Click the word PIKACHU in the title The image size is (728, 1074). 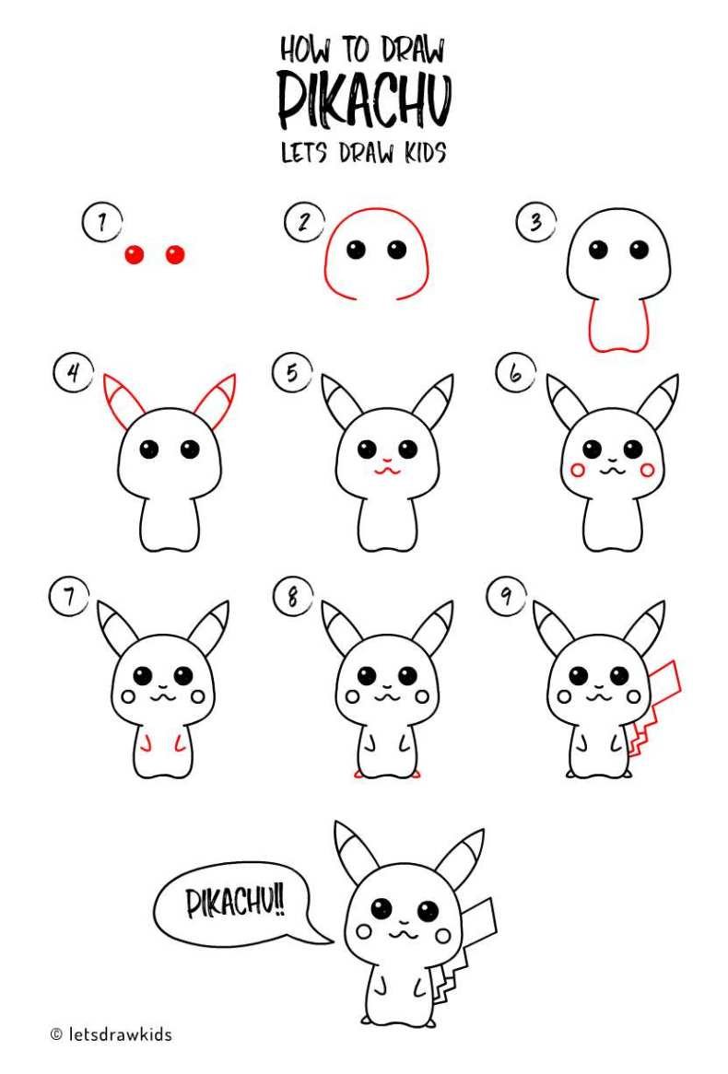[x=365, y=100]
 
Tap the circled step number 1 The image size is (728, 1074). [x=101, y=223]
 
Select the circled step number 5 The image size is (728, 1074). [x=292, y=373]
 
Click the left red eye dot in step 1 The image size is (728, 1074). [x=135, y=255]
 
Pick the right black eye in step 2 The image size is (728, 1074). [x=397, y=250]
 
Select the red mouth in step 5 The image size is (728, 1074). [x=387, y=469]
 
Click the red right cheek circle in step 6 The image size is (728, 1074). [x=647, y=470]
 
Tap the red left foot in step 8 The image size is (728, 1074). [x=358, y=775]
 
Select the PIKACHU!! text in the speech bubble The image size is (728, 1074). [x=235, y=902]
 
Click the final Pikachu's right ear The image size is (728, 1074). [x=462, y=857]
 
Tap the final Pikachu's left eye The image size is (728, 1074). [x=382, y=909]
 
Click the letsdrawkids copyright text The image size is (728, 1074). [x=112, y=1034]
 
